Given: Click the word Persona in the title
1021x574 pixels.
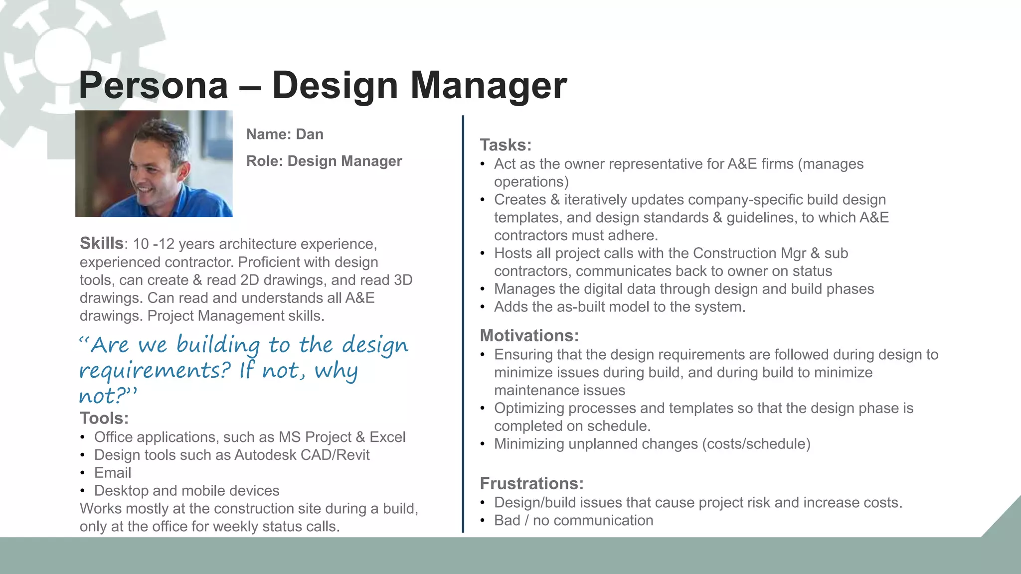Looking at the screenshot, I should (154, 86).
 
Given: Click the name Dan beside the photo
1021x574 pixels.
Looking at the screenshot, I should (310, 135).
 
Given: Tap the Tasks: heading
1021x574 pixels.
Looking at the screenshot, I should (506, 145).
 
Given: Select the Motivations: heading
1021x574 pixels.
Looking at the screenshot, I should (529, 336).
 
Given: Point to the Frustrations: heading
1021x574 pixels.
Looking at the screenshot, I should (531, 484).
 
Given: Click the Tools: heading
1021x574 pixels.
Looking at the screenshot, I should (104, 419).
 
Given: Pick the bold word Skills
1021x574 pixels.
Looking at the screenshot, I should (102, 244).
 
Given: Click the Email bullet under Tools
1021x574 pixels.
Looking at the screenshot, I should (113, 473).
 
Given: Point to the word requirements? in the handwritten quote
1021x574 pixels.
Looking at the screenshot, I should (155, 371).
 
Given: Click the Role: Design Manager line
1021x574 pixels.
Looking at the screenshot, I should (324, 161).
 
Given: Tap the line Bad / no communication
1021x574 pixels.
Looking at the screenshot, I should (573, 521).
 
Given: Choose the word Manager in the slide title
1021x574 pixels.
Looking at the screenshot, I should (488, 86).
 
